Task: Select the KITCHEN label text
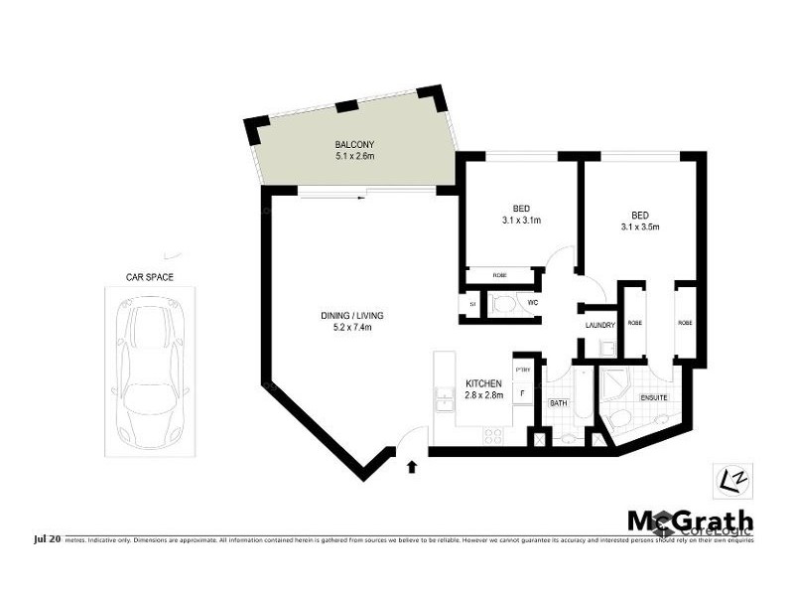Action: click(483, 383)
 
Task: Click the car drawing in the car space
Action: click(150, 372)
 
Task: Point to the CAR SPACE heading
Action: click(150, 278)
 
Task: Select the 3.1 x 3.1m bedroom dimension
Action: click(521, 221)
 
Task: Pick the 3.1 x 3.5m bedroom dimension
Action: click(639, 226)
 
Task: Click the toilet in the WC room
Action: click(502, 304)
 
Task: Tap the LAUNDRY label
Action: click(600, 325)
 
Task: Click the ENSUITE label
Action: click(652, 398)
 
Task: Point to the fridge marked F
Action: click(523, 393)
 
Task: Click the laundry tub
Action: click(608, 348)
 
